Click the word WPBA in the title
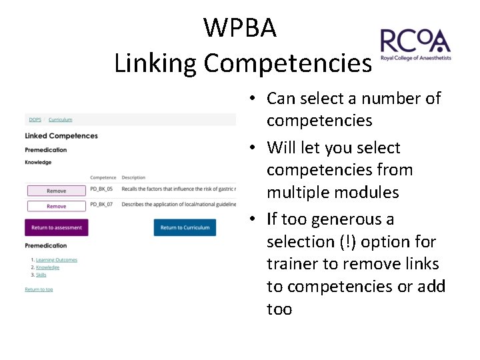tap(240, 28)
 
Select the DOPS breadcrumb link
tap(35, 119)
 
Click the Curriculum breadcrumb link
tap(60, 119)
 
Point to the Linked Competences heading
tap(61, 136)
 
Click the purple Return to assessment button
tap(57, 227)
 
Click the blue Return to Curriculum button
tap(185, 227)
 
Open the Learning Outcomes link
tap(57, 260)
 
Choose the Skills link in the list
tap(41, 275)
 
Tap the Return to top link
tap(39, 289)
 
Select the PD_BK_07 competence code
tap(101, 204)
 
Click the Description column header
tap(133, 178)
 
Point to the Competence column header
tap(103, 178)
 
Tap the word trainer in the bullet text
tap(291, 263)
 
